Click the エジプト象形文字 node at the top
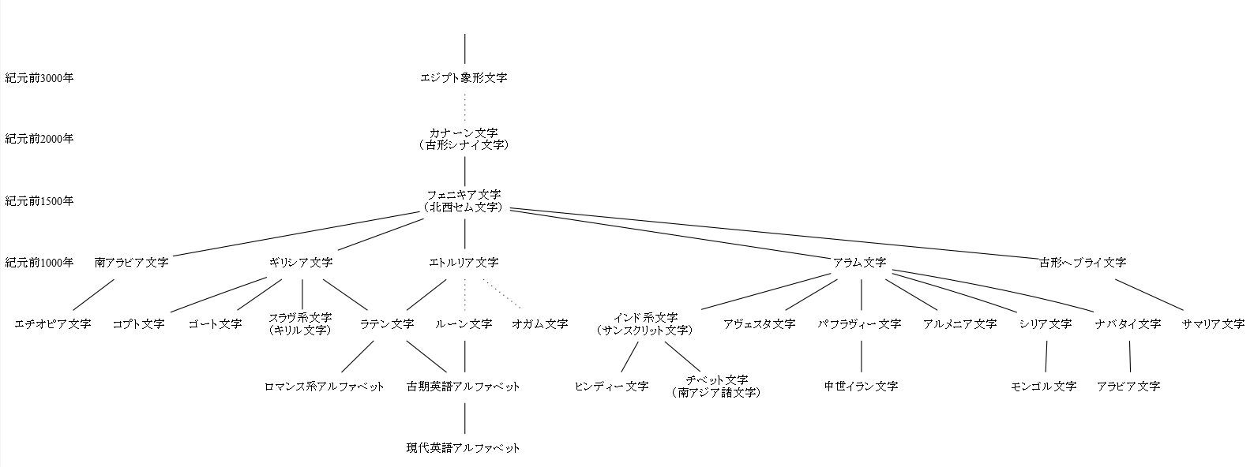(x=464, y=78)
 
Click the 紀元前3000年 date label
(x=39, y=78)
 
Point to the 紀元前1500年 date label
(x=39, y=201)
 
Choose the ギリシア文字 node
(x=301, y=263)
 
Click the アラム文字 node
(x=859, y=263)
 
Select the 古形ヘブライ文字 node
(x=1083, y=263)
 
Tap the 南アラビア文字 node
(x=131, y=263)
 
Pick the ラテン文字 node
(x=387, y=324)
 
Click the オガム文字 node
(x=539, y=324)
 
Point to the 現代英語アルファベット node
(x=464, y=448)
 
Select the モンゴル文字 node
(x=1044, y=387)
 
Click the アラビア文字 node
(x=1128, y=387)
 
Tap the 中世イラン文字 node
(x=861, y=387)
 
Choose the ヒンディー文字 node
(x=611, y=387)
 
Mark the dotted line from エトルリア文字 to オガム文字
(x=501, y=293)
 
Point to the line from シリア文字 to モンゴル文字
(x=1046, y=356)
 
